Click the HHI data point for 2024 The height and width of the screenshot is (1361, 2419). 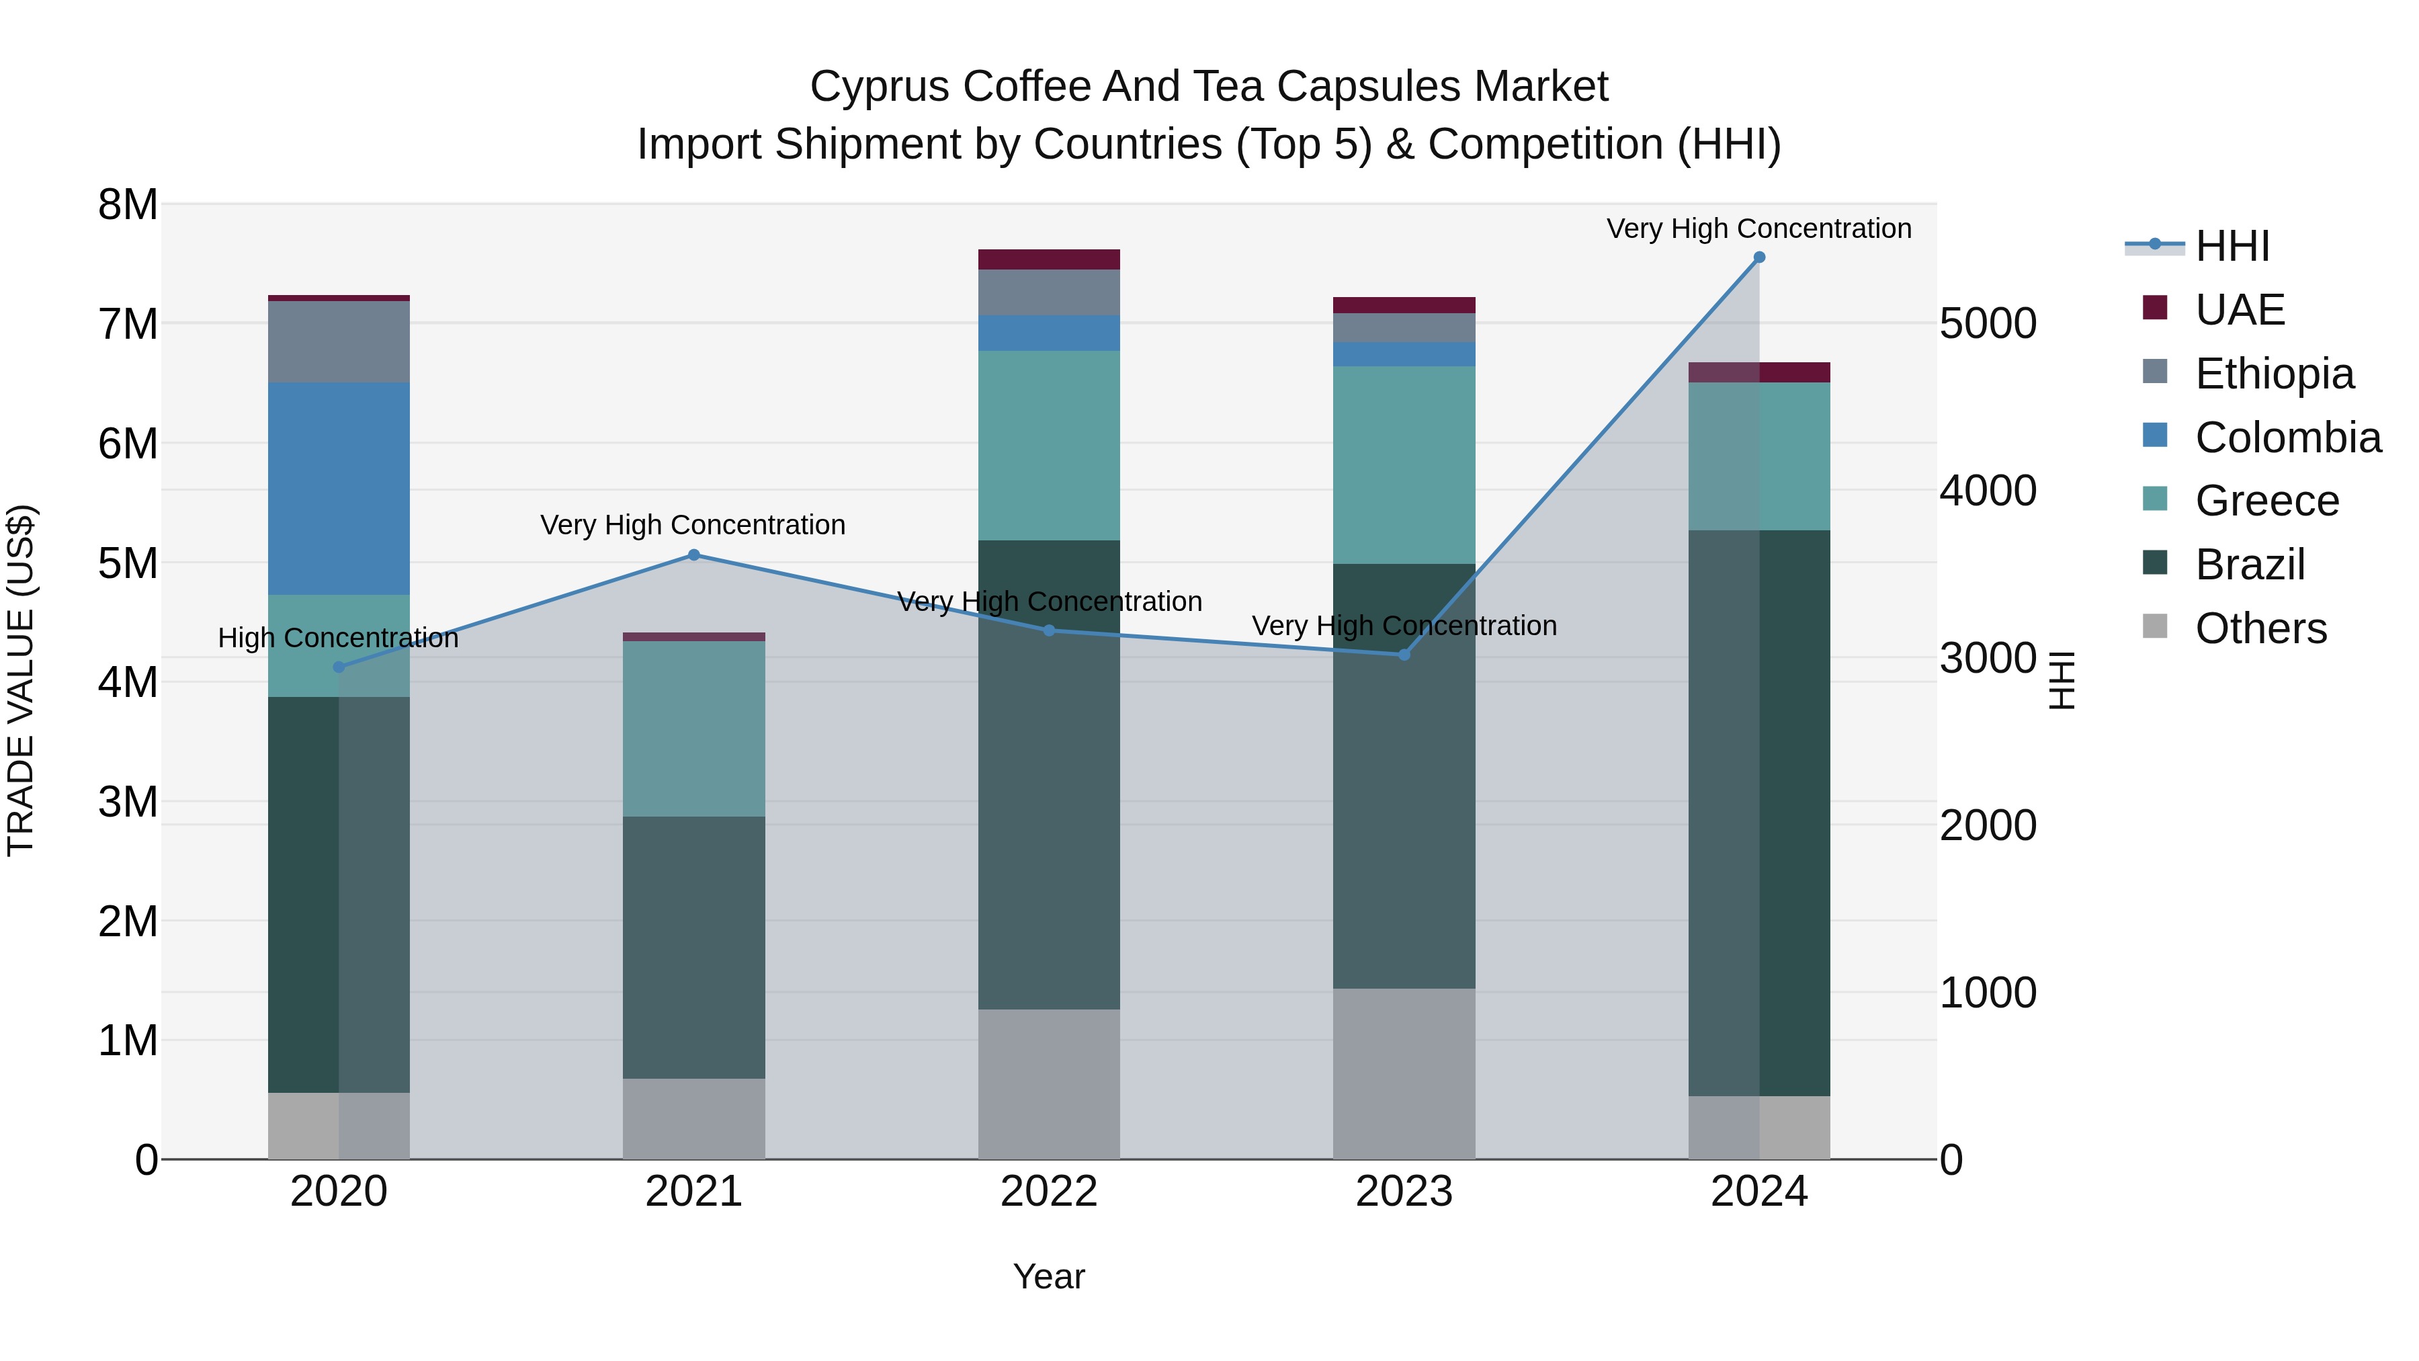(x=1759, y=257)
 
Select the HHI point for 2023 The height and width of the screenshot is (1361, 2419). (x=1404, y=655)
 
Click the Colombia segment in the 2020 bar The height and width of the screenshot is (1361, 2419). (x=339, y=489)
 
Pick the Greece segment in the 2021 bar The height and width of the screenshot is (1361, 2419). (x=694, y=729)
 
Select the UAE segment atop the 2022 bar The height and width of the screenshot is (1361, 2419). (x=1049, y=259)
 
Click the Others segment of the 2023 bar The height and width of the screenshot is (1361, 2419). (x=1404, y=1073)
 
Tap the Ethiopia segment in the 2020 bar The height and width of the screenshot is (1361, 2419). (x=339, y=342)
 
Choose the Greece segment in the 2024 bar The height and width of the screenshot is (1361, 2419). (x=1759, y=456)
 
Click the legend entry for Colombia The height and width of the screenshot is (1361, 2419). (x=2287, y=438)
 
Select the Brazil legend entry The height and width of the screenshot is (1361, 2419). (x=2250, y=565)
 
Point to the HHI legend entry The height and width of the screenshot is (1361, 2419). (x=2232, y=246)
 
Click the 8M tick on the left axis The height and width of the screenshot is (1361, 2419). (x=128, y=205)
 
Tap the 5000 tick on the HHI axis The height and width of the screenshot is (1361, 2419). (x=1987, y=324)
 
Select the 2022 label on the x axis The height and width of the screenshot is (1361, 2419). (x=1049, y=1192)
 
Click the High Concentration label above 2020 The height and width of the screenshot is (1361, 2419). (x=338, y=638)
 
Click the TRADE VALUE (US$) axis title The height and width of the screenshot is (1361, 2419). (x=21, y=680)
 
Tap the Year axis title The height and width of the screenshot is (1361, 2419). (x=1049, y=1276)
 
